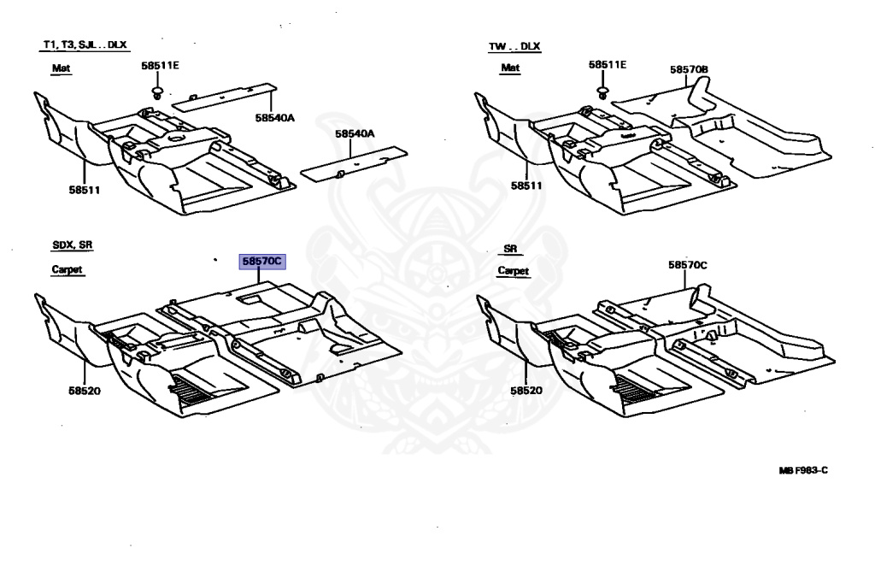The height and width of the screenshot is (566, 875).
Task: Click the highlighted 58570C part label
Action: (x=262, y=261)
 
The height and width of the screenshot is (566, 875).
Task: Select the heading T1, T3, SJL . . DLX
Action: (x=90, y=44)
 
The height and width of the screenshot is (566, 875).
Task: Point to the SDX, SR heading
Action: (x=72, y=245)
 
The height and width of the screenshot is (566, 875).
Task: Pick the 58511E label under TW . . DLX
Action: (x=607, y=65)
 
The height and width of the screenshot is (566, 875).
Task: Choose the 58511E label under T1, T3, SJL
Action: (x=160, y=65)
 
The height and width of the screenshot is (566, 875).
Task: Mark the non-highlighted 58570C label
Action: (x=688, y=265)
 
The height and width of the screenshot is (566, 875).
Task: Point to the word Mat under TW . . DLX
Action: (x=510, y=68)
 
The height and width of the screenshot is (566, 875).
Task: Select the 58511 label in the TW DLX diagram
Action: (x=527, y=186)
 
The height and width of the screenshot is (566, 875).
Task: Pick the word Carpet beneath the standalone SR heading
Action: (x=514, y=271)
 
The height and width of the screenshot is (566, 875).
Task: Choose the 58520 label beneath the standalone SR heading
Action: (x=527, y=391)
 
